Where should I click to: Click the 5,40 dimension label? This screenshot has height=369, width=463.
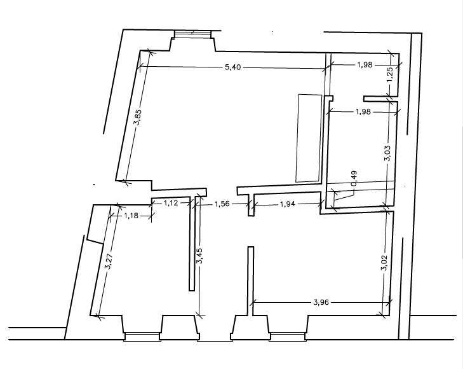click(x=234, y=67)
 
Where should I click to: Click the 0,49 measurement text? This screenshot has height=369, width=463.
click(x=354, y=178)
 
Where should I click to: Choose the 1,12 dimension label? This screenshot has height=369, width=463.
click(x=171, y=203)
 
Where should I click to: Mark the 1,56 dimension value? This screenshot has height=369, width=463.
click(x=221, y=204)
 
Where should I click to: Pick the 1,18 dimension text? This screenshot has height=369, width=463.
click(x=131, y=216)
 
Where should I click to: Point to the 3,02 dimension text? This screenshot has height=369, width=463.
click(x=383, y=263)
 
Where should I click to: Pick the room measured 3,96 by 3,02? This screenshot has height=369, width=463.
click(x=318, y=261)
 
